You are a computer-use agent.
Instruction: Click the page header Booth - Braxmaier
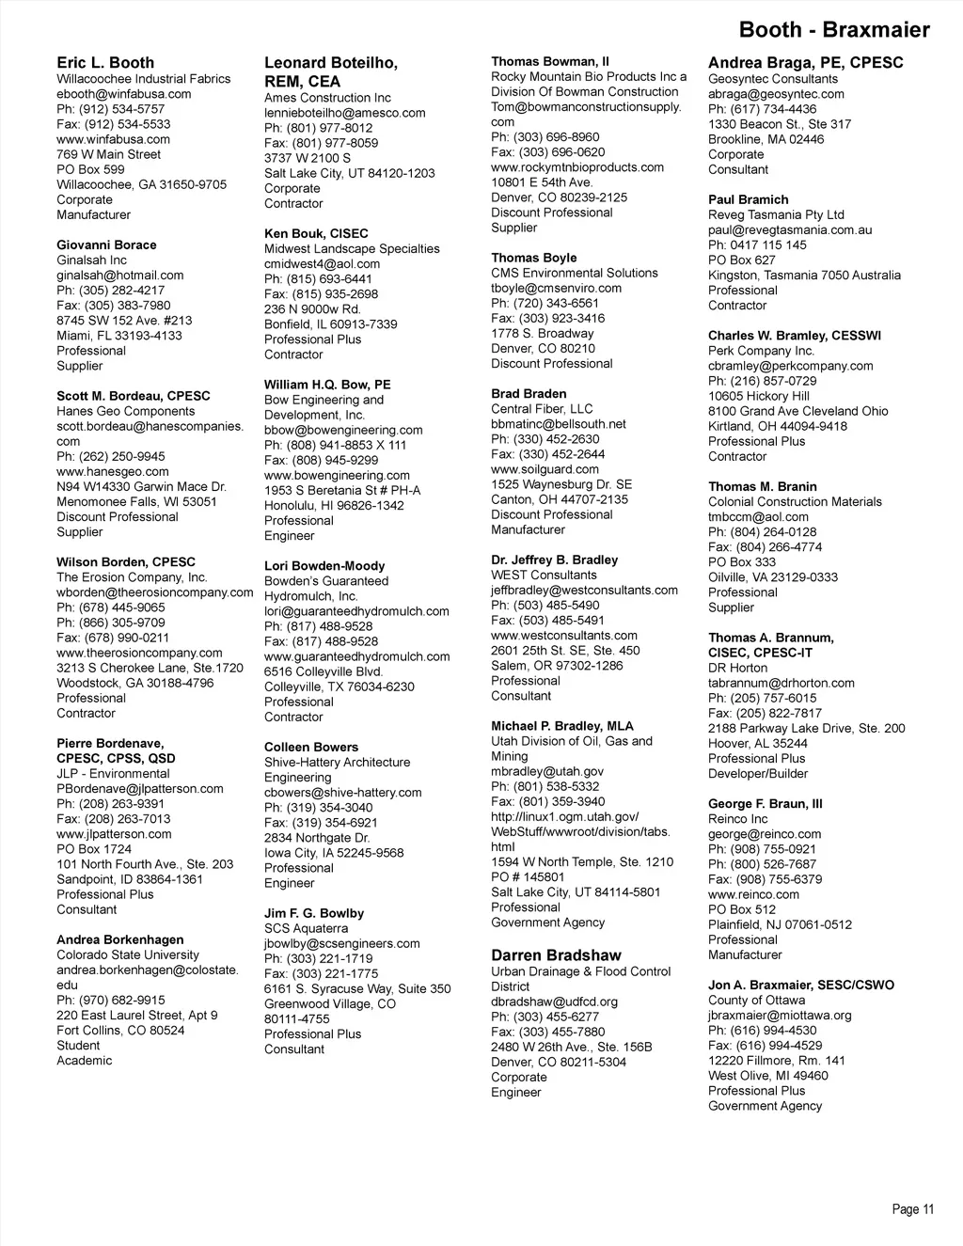[x=833, y=30]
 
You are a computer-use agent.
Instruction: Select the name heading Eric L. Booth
[x=105, y=63]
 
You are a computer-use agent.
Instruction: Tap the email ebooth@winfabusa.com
[x=123, y=94]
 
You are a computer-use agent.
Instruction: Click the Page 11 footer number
[x=913, y=1209]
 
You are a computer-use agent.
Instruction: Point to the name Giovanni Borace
[x=106, y=245]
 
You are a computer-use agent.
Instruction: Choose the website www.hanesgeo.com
[x=113, y=472]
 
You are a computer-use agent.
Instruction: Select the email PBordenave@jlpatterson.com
[x=140, y=789]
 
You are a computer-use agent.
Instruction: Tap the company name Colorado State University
[x=128, y=954]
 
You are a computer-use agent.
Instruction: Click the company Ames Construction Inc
[x=327, y=98]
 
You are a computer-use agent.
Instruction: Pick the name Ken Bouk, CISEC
[x=316, y=234]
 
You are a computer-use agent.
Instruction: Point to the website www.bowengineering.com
[x=337, y=476]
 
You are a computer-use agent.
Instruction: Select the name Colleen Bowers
[x=311, y=748]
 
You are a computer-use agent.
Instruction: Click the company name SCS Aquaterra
[x=306, y=929]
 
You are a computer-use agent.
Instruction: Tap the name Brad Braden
[x=529, y=394]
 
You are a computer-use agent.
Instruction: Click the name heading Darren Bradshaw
[x=556, y=955]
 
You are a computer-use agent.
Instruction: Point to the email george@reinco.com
[x=765, y=834]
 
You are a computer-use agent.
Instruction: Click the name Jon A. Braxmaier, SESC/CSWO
[x=801, y=986]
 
